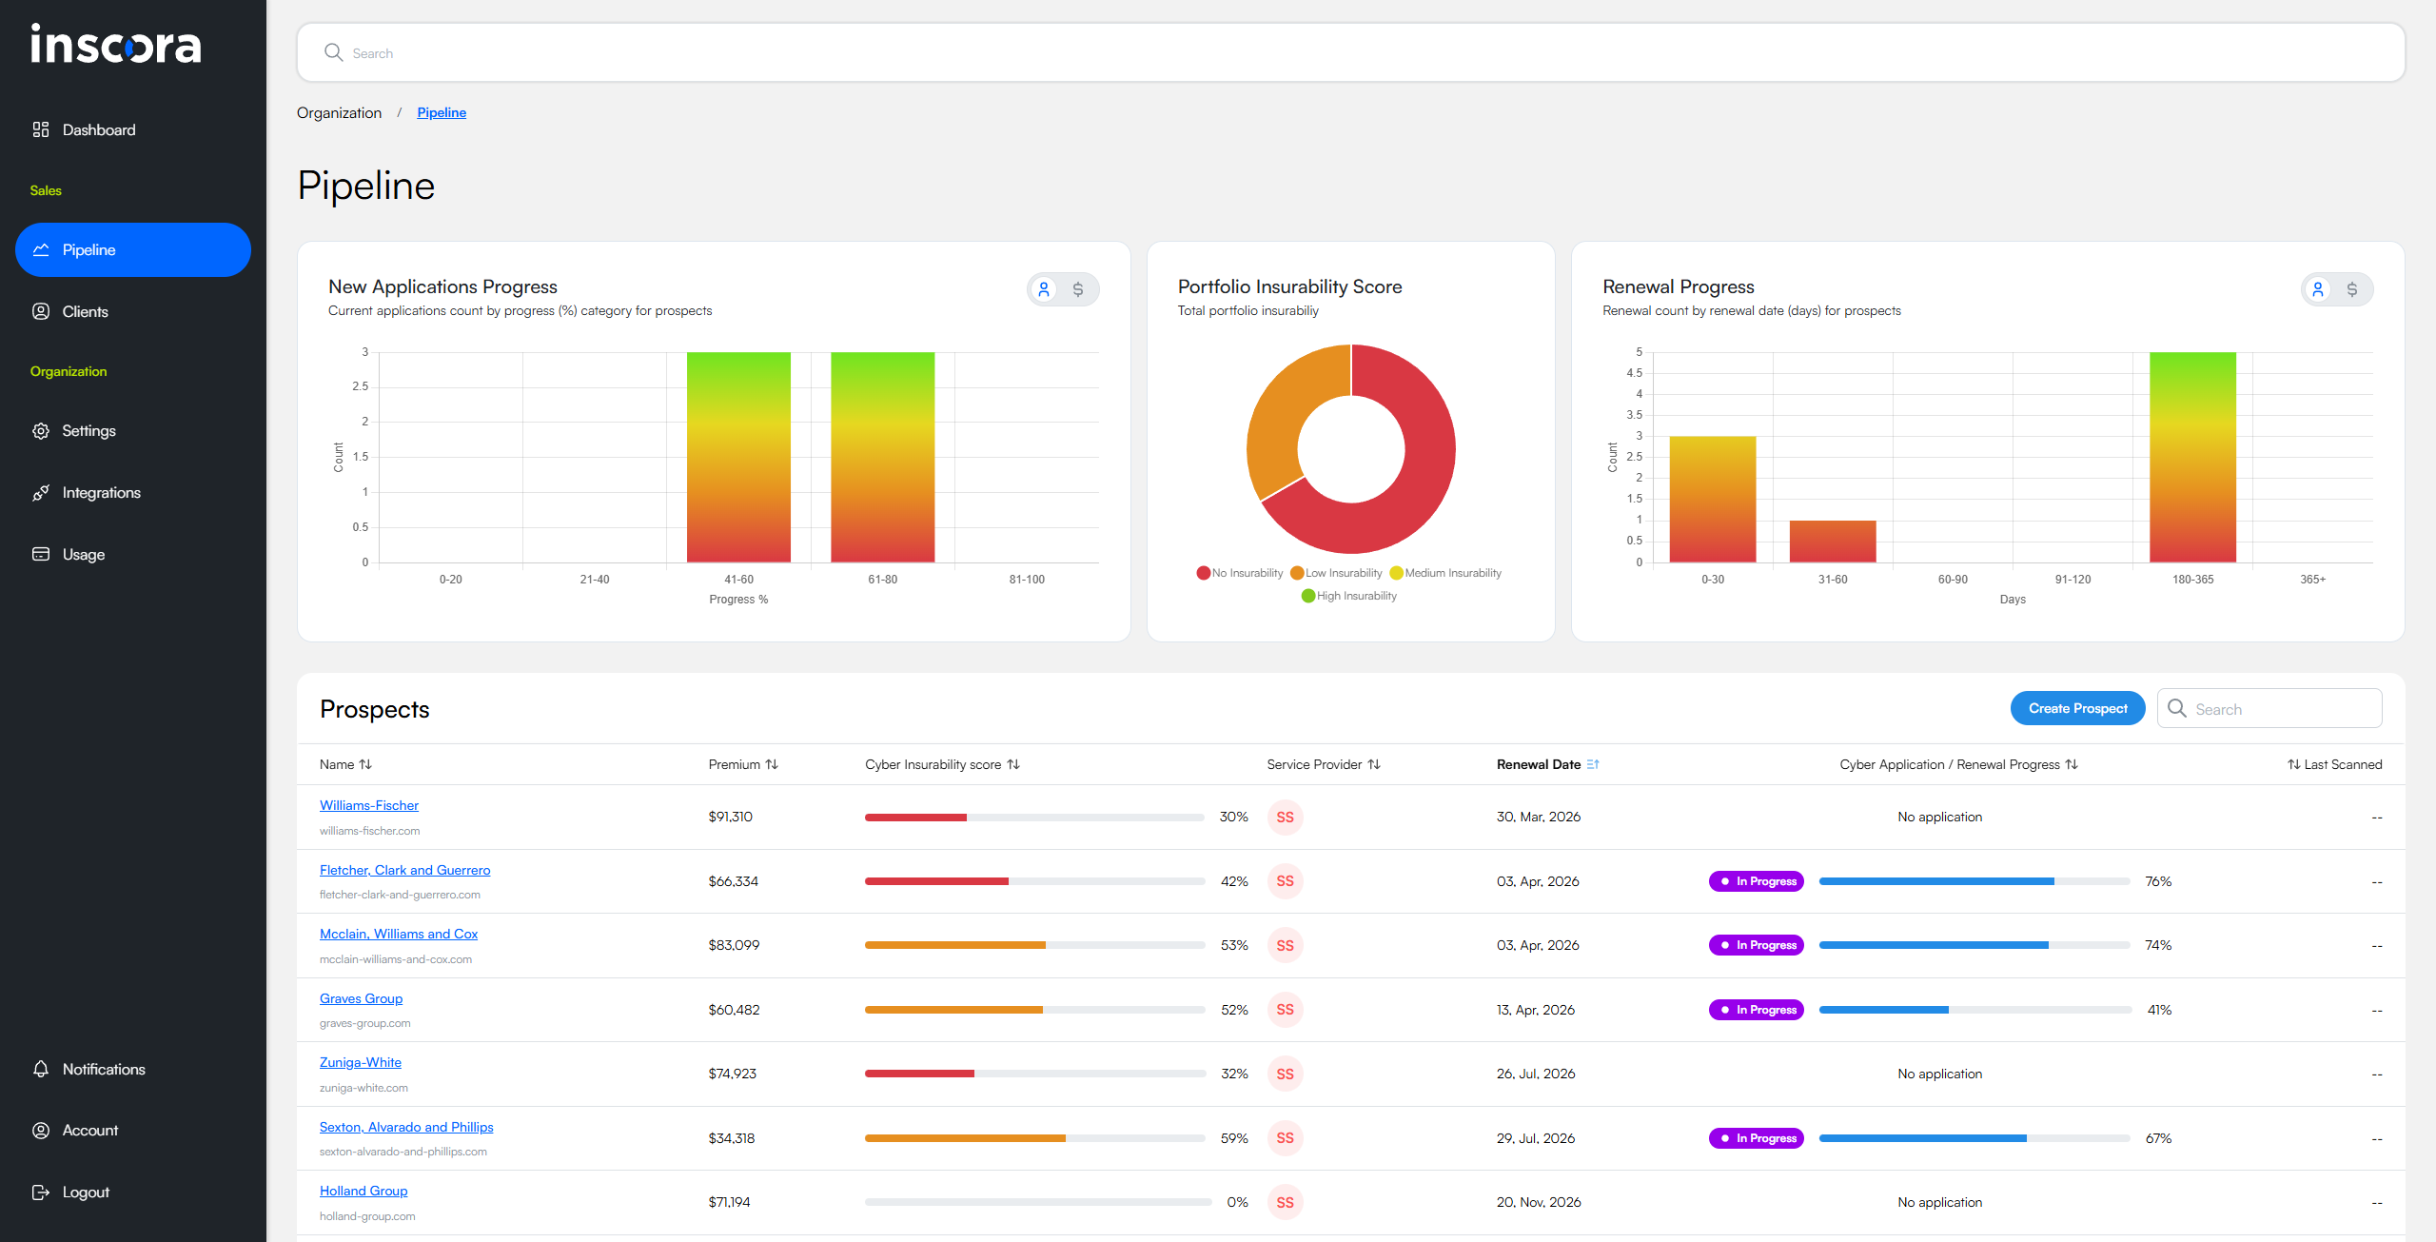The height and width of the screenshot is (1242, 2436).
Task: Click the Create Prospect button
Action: pos(2076,708)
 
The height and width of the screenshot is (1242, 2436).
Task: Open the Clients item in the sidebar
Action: pos(85,311)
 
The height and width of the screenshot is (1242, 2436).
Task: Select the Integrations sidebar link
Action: pos(101,492)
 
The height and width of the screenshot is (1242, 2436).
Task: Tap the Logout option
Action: pos(85,1192)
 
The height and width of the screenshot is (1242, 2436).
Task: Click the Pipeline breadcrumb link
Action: pos(441,112)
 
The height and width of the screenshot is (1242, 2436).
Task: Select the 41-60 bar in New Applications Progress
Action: pos(738,457)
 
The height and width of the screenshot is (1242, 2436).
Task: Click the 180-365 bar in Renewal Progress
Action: pos(2191,457)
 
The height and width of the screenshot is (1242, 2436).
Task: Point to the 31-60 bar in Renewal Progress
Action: pos(1832,541)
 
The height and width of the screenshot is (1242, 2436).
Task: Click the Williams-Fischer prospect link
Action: pos(368,805)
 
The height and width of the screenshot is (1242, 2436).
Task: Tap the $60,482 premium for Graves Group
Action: pos(734,1010)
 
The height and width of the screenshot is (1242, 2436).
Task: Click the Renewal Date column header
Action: pos(1538,764)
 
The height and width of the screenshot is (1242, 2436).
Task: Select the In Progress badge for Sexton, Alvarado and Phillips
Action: pos(1756,1138)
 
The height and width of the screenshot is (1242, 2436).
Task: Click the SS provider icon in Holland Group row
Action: pos(1285,1202)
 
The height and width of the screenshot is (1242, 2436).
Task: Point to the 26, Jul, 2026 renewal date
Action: pos(1535,1074)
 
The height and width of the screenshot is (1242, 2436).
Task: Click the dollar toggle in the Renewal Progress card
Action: pos(2351,289)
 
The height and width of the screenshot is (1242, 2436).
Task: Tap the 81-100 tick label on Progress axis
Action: pos(1026,579)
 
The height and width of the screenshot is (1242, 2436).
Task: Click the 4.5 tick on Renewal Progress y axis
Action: pos(1633,373)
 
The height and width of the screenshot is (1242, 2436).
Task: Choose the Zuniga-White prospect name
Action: pos(360,1062)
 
